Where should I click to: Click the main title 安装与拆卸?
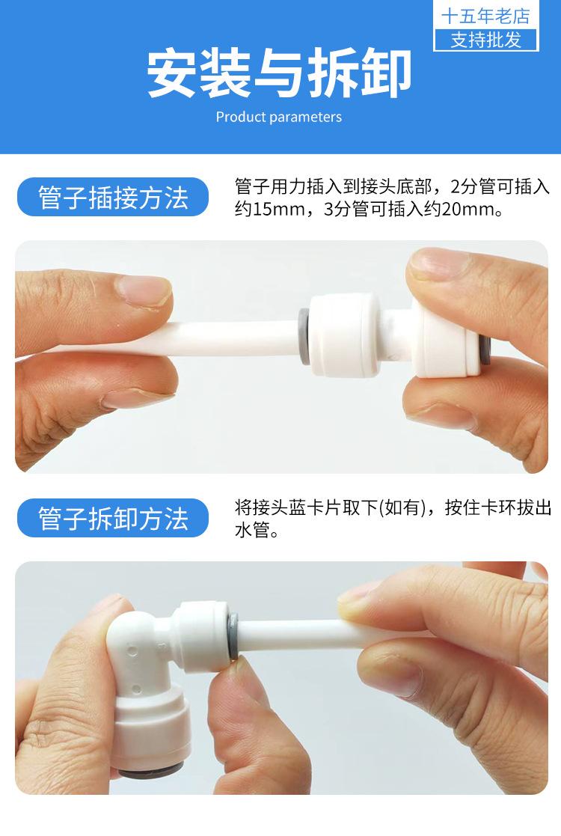tap(279, 73)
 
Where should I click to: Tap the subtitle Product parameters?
tap(279, 118)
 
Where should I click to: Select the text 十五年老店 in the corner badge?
tap(486, 16)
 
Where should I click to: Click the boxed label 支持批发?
tap(486, 40)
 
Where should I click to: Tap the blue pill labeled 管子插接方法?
tap(113, 198)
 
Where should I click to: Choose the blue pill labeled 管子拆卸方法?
tap(113, 518)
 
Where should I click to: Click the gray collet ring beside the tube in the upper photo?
tap(304, 336)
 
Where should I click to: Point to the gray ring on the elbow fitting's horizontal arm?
tap(233, 635)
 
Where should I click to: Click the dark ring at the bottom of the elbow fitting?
tap(151, 769)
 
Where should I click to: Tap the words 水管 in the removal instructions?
tap(253, 530)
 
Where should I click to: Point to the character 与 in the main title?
tap(279, 73)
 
